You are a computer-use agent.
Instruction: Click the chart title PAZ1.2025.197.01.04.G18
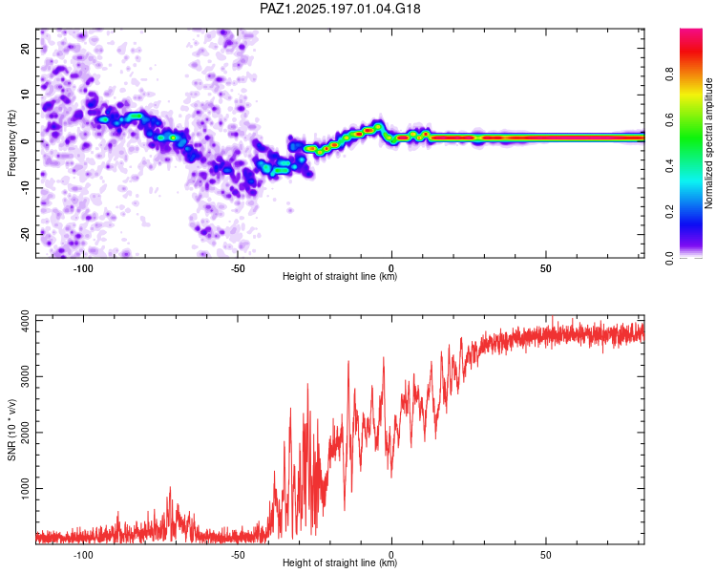click(340, 9)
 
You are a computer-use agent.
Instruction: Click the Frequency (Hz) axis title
click(11, 143)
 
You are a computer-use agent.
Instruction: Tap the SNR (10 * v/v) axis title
click(11, 430)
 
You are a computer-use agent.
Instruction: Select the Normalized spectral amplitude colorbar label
click(708, 143)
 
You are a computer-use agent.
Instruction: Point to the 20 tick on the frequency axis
click(26, 48)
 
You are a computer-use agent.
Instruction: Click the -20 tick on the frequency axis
click(26, 234)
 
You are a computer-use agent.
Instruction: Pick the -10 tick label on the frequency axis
click(26, 188)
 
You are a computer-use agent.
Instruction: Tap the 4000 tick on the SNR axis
click(26, 321)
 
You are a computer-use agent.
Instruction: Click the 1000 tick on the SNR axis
click(26, 488)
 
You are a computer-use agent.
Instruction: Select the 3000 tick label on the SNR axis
click(26, 376)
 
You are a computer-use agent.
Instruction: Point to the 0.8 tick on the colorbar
click(669, 74)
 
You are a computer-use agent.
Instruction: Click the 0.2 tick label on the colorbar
click(669, 212)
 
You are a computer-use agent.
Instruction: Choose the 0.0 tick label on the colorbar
click(669, 258)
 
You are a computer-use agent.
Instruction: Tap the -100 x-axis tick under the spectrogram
click(83, 268)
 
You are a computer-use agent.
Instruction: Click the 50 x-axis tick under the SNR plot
click(546, 555)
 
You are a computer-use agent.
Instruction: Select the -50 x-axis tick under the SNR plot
click(237, 555)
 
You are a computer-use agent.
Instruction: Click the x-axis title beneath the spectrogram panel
click(340, 276)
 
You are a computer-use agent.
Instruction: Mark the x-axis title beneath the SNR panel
click(340, 562)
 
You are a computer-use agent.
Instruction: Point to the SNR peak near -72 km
click(170, 488)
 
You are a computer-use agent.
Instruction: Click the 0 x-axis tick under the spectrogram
click(391, 268)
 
